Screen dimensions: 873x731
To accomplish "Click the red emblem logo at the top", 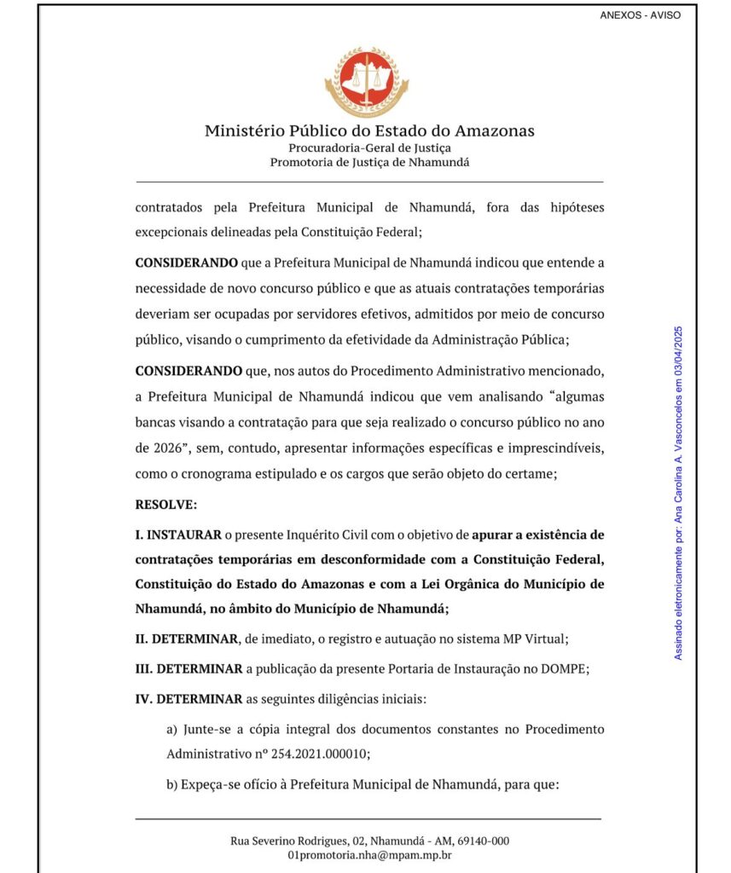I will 367,82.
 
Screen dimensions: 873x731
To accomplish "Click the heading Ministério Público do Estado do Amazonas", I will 369,131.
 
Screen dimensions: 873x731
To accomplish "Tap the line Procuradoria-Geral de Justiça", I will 369,147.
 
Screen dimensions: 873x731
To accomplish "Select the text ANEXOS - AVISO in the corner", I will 640,15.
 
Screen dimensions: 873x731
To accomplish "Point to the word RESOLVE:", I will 166,505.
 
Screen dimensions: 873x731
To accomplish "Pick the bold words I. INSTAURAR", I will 177,535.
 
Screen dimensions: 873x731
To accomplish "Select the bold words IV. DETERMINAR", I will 189,699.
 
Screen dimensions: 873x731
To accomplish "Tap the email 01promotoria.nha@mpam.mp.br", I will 369,855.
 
